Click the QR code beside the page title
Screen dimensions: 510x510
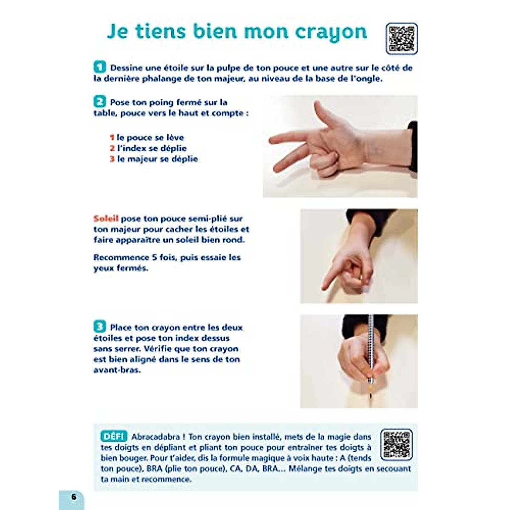pos(402,39)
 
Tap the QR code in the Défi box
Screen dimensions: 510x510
pos(396,444)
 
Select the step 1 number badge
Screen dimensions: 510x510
pos(100,67)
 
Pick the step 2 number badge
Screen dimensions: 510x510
pos(100,102)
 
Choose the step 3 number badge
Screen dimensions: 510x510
pos(100,327)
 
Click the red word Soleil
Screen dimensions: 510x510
pos(106,219)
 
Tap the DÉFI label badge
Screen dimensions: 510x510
pos(114,436)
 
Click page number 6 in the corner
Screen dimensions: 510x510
pos(74,496)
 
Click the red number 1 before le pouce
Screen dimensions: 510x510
pos(112,138)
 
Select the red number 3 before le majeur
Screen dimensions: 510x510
pos(112,159)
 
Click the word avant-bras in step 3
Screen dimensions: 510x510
pos(117,370)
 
